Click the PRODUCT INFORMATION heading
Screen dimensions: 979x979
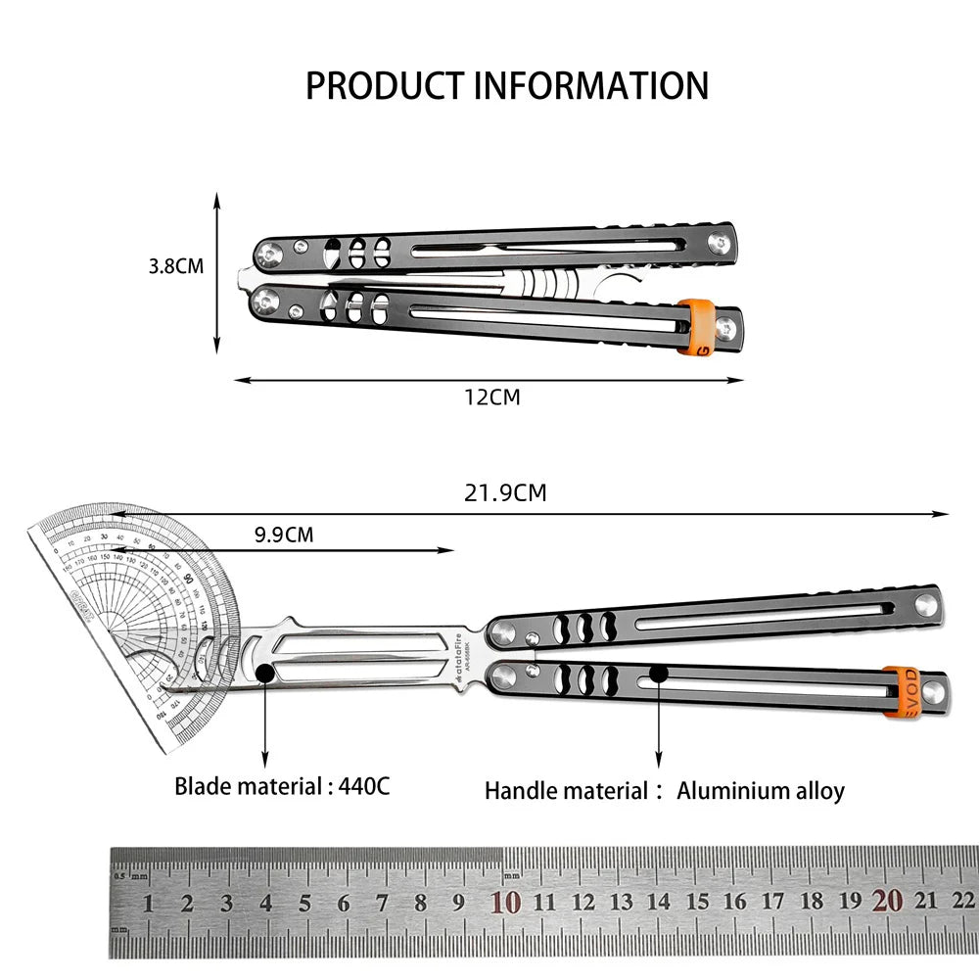(506, 86)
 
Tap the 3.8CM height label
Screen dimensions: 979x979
(176, 265)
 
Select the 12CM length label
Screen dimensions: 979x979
(491, 397)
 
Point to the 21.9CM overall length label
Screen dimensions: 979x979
(504, 492)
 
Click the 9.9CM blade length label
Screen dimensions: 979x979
(284, 535)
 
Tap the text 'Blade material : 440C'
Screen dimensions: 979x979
(282, 785)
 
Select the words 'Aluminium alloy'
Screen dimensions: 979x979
(761, 791)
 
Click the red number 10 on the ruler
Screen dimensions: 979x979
(506, 903)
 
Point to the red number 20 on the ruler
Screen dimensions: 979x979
(887, 902)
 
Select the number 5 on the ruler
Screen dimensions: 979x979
(304, 904)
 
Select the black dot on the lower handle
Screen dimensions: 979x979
(659, 673)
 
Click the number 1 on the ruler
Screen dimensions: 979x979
(149, 904)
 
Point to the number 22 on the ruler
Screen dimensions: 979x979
(962, 902)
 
